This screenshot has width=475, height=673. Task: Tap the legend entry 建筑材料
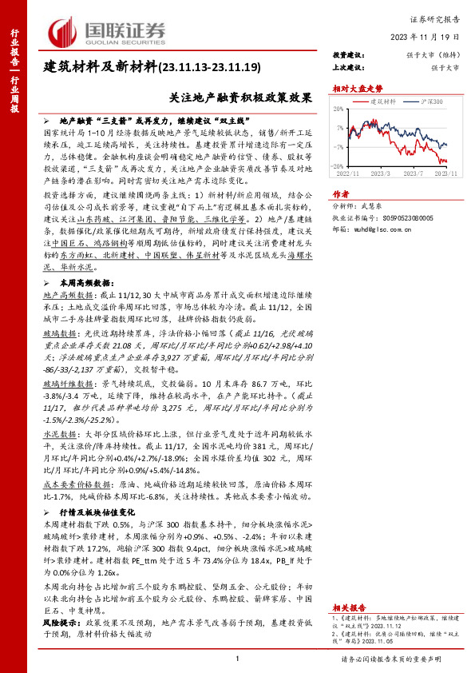pos(384,103)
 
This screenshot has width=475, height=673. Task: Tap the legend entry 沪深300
pos(432,103)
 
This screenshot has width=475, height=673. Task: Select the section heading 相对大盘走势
pos(354,90)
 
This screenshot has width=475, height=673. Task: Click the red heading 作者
pos(341,193)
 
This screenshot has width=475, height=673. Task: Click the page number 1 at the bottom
pos(238,658)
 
